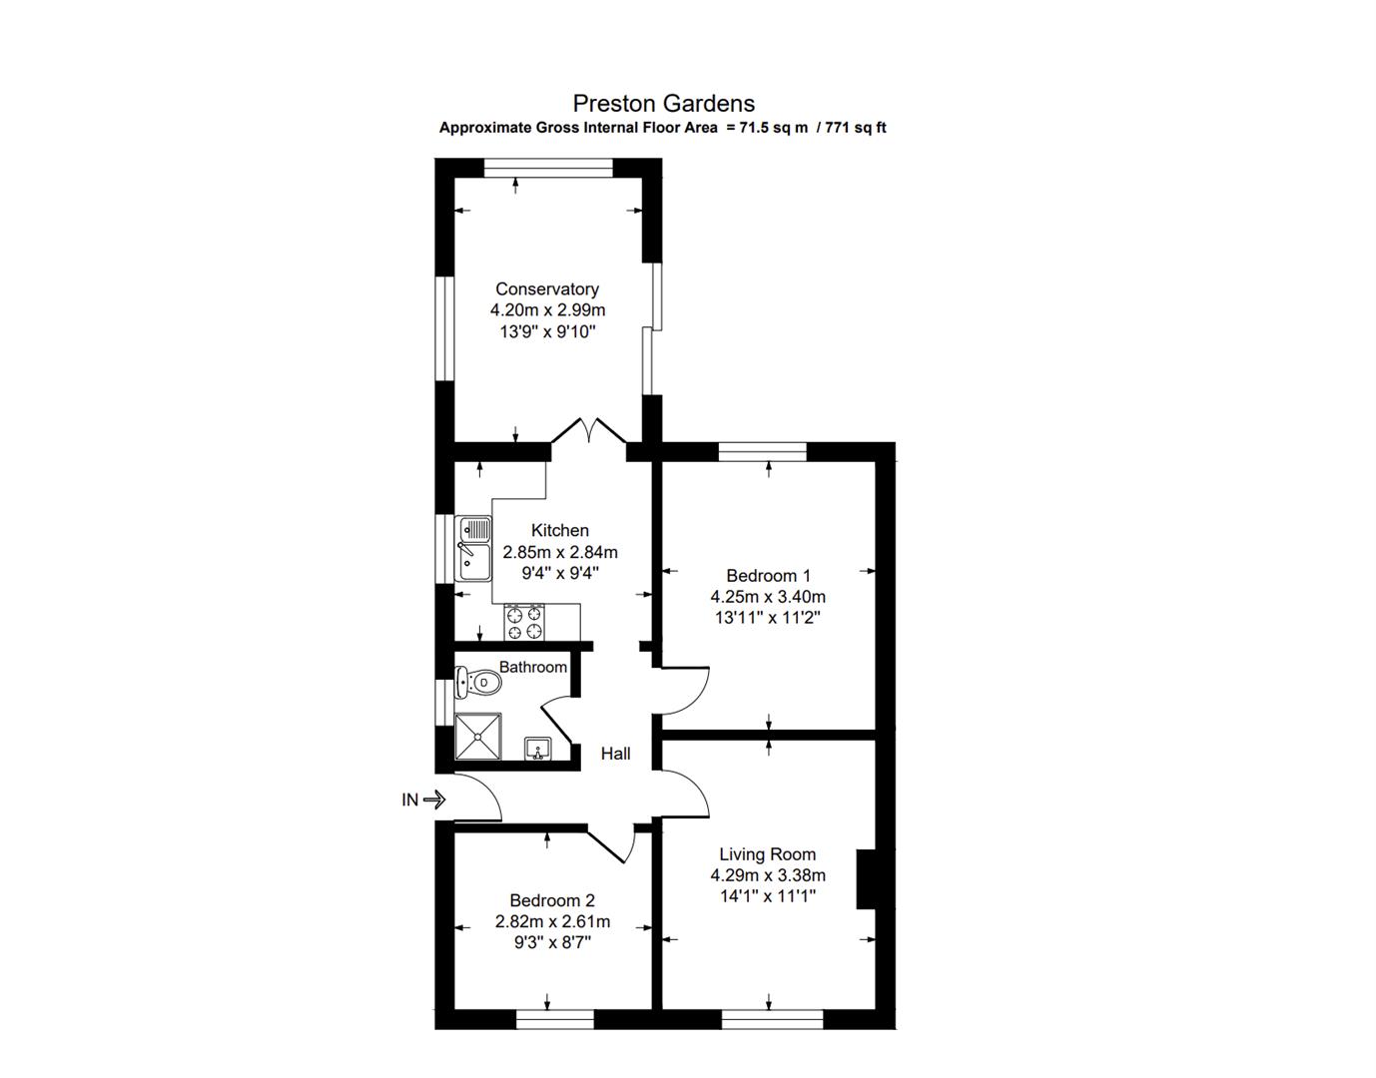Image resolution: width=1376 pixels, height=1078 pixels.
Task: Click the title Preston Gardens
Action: pyautogui.click(x=663, y=103)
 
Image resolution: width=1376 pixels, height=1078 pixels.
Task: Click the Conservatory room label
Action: pyautogui.click(x=547, y=289)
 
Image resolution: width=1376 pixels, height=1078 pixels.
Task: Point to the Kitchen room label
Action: pyautogui.click(x=559, y=530)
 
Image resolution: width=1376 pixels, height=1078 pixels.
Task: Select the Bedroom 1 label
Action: pyautogui.click(x=768, y=575)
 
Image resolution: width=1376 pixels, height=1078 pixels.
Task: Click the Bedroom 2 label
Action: pyautogui.click(x=551, y=900)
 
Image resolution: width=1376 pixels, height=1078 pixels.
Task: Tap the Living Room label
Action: pyautogui.click(x=767, y=854)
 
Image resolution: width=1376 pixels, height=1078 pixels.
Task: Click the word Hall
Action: pyautogui.click(x=615, y=754)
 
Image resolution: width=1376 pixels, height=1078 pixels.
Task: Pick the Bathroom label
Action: pyautogui.click(x=532, y=667)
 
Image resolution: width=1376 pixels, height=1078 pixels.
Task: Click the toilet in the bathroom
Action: pyautogui.click(x=478, y=683)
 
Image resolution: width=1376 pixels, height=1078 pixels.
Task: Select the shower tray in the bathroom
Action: pyautogui.click(x=478, y=737)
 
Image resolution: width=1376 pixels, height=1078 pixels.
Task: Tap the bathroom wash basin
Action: pyautogui.click(x=537, y=749)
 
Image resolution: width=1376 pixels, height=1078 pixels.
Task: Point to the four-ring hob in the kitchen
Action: pyautogui.click(x=525, y=622)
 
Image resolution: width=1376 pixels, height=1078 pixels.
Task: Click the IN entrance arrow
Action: pyautogui.click(x=433, y=800)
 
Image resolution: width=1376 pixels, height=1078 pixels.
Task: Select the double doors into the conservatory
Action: pyautogui.click(x=589, y=432)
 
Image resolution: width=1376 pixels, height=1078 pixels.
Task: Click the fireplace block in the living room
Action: pyautogui.click(x=866, y=878)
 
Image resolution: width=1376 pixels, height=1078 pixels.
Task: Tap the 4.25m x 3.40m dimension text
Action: pyautogui.click(x=768, y=597)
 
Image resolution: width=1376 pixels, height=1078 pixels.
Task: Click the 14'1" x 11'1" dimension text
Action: pyautogui.click(x=767, y=896)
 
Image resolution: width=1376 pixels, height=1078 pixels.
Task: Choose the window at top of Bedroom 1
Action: pyautogui.click(x=762, y=451)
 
